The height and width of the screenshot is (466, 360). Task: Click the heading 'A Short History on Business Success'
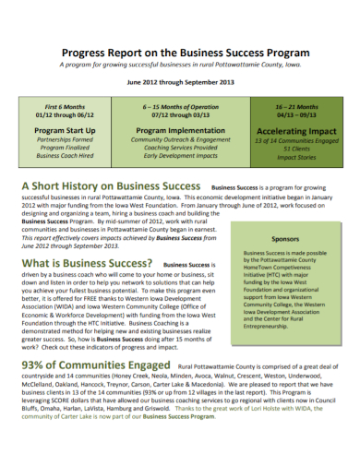tap(110, 186)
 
